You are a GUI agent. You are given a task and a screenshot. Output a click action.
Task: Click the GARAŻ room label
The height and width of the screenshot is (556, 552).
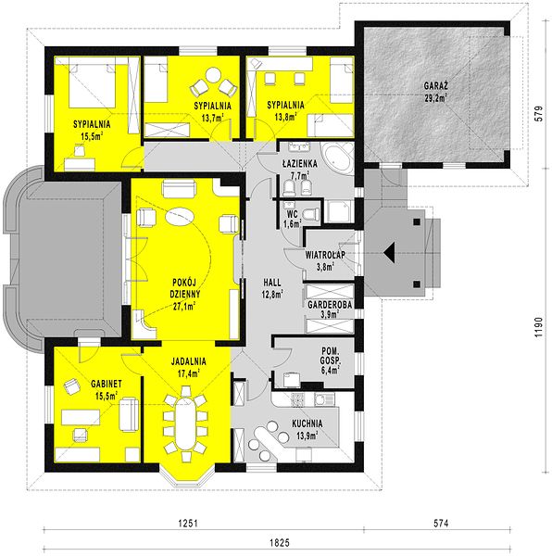click(436, 86)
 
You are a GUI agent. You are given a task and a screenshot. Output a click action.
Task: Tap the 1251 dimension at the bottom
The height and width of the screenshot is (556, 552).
click(188, 523)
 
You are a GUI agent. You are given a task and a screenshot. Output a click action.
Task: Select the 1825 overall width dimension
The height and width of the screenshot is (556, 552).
click(280, 542)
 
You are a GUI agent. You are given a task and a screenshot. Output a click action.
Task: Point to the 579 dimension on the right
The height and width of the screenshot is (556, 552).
click(538, 113)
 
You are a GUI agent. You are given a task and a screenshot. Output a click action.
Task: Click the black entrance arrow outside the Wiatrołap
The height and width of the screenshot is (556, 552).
click(389, 253)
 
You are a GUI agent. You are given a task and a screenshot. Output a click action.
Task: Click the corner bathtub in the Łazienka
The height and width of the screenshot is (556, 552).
click(337, 158)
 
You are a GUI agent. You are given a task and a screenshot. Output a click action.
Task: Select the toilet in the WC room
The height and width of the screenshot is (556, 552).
click(311, 214)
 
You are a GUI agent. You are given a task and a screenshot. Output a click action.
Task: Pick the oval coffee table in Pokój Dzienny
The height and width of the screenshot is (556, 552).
click(180, 217)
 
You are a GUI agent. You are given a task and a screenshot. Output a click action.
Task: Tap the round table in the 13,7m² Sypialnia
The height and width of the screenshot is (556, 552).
click(213, 76)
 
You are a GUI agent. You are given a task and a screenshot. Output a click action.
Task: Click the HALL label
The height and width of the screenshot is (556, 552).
click(272, 283)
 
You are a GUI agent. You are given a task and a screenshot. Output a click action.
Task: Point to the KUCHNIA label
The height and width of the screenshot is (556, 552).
click(307, 423)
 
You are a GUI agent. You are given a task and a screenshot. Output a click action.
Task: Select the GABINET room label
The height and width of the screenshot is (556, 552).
click(107, 384)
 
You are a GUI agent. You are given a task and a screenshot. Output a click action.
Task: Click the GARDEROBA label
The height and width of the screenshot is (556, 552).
click(330, 305)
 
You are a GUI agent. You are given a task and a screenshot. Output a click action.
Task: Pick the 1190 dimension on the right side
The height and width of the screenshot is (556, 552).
click(538, 327)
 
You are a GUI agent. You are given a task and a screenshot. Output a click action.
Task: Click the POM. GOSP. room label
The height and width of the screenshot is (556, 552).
click(331, 356)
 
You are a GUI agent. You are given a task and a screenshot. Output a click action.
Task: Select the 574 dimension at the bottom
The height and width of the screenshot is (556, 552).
click(441, 523)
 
